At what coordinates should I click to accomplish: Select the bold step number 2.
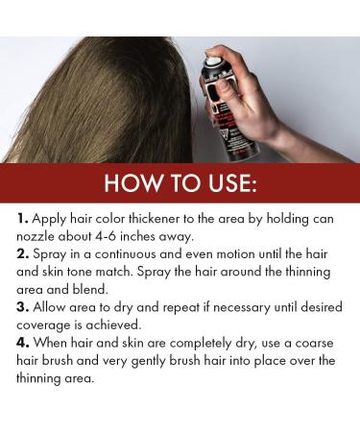click(x=23, y=254)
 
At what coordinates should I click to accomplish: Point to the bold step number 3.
click(x=23, y=307)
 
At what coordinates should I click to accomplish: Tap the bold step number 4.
click(x=23, y=343)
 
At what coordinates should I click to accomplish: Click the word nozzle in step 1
click(x=36, y=237)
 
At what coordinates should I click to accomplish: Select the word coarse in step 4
click(x=314, y=344)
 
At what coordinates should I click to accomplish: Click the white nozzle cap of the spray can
click(x=213, y=60)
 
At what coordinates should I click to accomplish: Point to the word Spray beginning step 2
click(x=49, y=255)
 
